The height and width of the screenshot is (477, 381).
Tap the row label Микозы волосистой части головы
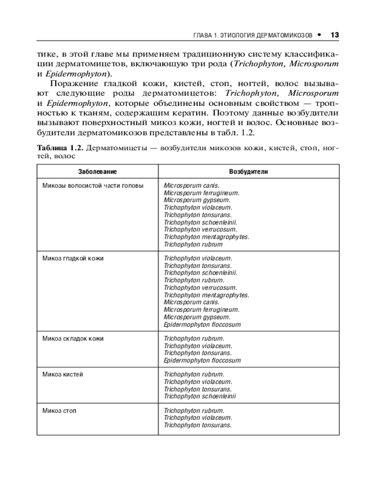point(93,186)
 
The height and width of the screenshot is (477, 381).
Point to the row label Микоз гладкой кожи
point(73,259)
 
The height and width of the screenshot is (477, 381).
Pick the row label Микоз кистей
point(63,374)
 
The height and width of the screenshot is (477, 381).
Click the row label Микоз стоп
point(60,411)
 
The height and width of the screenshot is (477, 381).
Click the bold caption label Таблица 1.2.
point(61,148)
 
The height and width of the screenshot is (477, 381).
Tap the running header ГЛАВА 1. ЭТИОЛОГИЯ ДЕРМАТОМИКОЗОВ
point(252,36)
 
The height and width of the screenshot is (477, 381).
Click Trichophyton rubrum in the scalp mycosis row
point(193,245)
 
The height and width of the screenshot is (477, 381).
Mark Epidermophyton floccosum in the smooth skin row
point(202,324)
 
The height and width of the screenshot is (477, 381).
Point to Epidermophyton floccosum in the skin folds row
point(202,361)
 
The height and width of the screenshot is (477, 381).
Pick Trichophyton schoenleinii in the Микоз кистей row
point(200,396)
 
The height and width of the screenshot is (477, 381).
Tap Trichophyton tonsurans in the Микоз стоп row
point(198,425)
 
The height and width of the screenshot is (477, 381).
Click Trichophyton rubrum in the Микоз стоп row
point(194,411)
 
